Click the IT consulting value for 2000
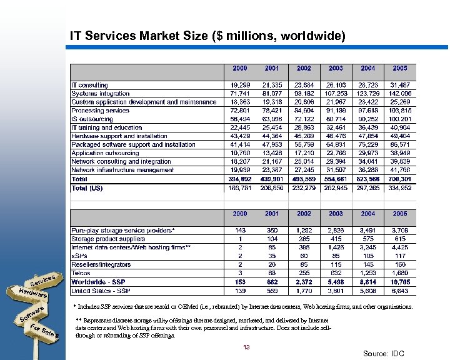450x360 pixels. (x=239, y=85)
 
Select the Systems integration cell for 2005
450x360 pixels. (x=400, y=94)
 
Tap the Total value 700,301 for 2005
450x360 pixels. (x=400, y=179)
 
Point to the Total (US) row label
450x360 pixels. (x=87, y=187)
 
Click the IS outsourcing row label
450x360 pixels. (x=92, y=119)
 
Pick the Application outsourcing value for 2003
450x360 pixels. (x=336, y=153)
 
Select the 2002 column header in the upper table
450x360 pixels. (x=304, y=68)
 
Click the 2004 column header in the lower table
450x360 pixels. (x=368, y=214)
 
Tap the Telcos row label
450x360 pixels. (x=81, y=273)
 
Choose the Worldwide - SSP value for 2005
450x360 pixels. (x=400, y=282)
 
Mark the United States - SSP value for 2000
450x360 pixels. (x=239, y=291)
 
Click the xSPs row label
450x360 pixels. (x=79, y=256)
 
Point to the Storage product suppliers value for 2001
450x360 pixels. (x=272, y=239)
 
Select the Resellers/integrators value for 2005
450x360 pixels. (x=400, y=264)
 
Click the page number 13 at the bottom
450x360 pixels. (x=247, y=347)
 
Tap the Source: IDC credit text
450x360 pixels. (x=383, y=354)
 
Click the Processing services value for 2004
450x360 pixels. (x=367, y=111)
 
